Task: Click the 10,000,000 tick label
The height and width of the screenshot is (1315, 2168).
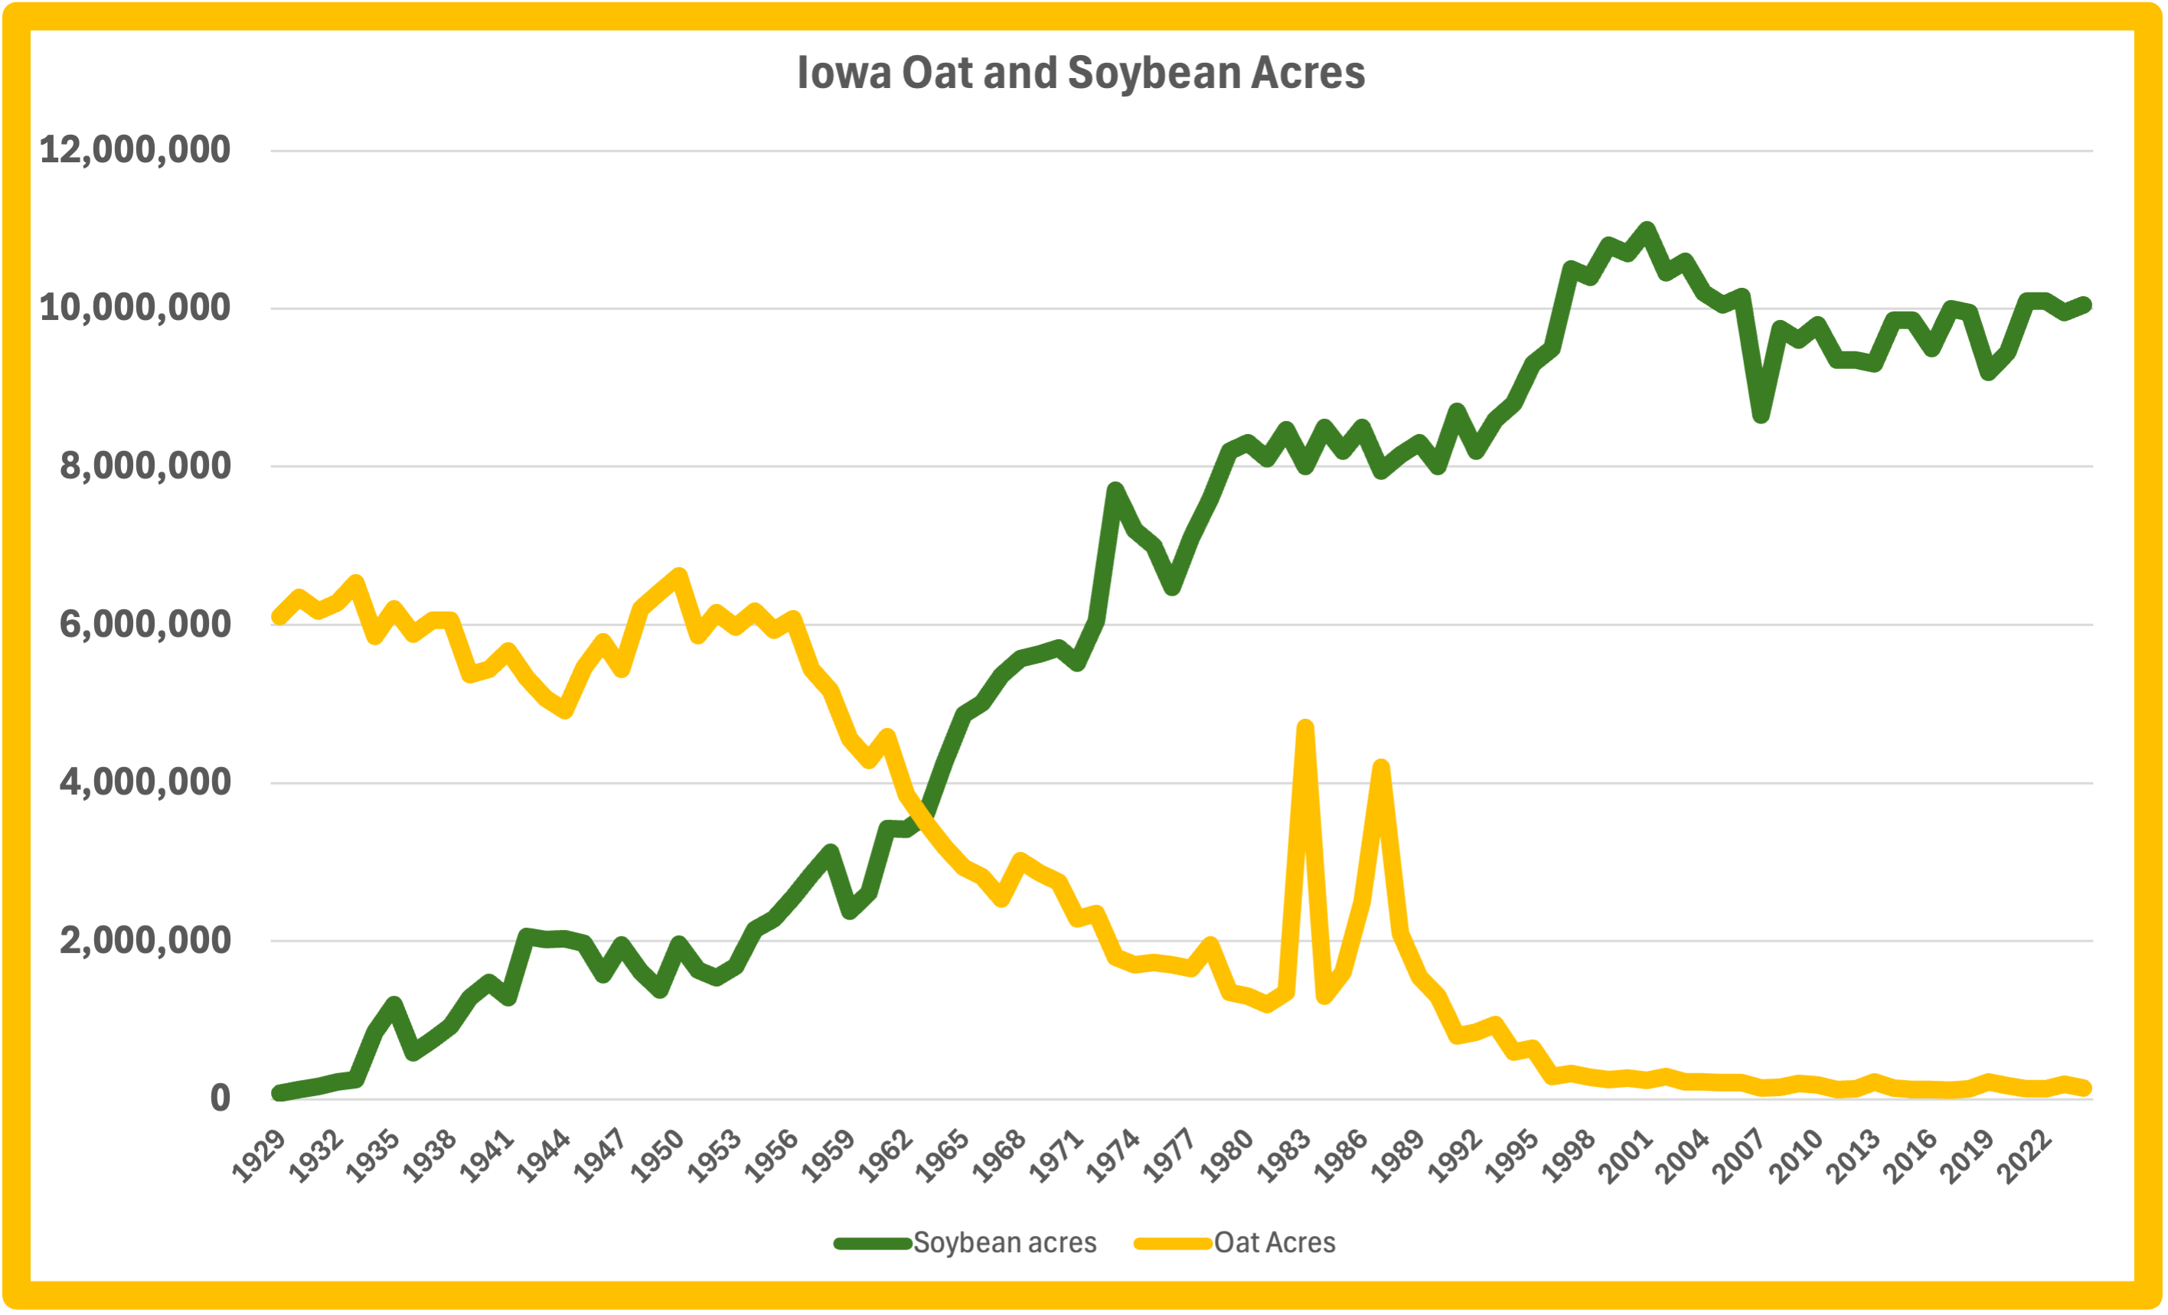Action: (x=135, y=308)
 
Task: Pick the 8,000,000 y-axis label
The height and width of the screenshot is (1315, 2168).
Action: (x=145, y=465)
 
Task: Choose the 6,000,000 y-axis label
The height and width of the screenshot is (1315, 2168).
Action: (x=145, y=624)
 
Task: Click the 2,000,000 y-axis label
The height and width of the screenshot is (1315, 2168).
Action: (x=145, y=939)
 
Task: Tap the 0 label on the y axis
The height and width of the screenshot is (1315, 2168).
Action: (x=220, y=1098)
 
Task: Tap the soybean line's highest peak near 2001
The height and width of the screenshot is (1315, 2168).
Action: (x=1646, y=230)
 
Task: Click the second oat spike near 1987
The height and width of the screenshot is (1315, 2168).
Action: (x=1381, y=767)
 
